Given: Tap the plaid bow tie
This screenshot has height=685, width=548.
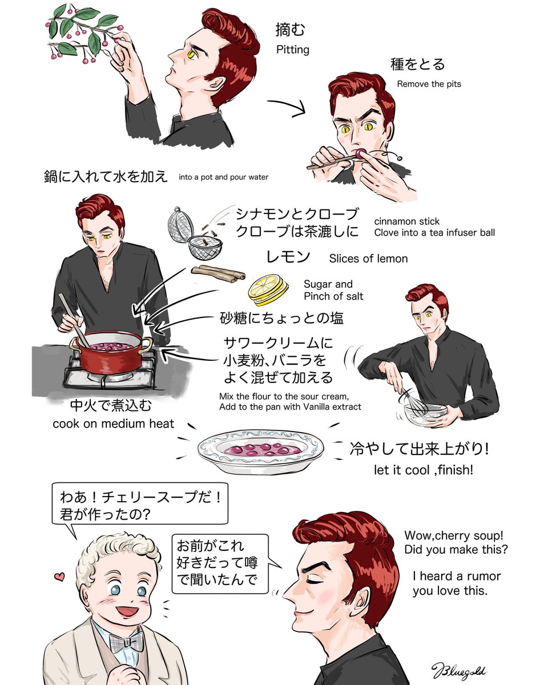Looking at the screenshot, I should pyautogui.click(x=126, y=642).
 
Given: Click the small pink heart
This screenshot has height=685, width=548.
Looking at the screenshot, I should pyautogui.click(x=58, y=577).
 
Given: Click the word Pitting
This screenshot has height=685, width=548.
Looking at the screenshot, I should pyautogui.click(x=292, y=50).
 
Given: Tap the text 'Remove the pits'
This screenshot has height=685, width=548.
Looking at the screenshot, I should pyautogui.click(x=429, y=84).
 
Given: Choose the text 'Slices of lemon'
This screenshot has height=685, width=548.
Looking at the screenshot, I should pyautogui.click(x=368, y=259).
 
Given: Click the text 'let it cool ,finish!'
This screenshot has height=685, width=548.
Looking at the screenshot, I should pyautogui.click(x=416, y=470).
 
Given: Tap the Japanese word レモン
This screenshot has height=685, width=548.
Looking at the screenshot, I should pyautogui.click(x=288, y=257).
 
